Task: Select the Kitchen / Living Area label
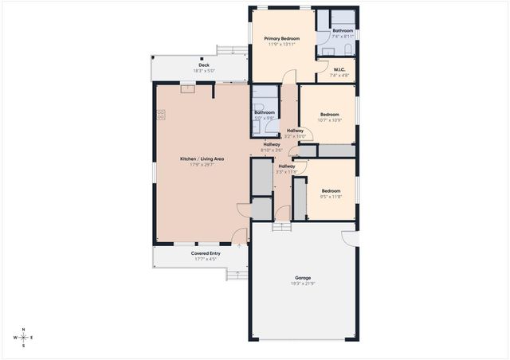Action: point(202,158)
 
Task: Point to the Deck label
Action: point(204,65)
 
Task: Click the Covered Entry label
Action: point(205,253)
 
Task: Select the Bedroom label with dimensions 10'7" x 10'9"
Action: point(330,115)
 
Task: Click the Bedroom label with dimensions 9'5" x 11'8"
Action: point(331,190)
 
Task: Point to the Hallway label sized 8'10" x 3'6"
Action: point(272,144)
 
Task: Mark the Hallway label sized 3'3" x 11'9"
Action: point(286,166)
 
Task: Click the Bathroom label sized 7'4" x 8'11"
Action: point(343,31)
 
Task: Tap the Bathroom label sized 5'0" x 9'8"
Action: point(265,112)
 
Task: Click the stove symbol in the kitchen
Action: point(160,115)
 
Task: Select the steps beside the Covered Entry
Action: point(237,275)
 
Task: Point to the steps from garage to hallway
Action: point(281,226)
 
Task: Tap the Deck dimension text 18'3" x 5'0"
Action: point(204,71)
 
